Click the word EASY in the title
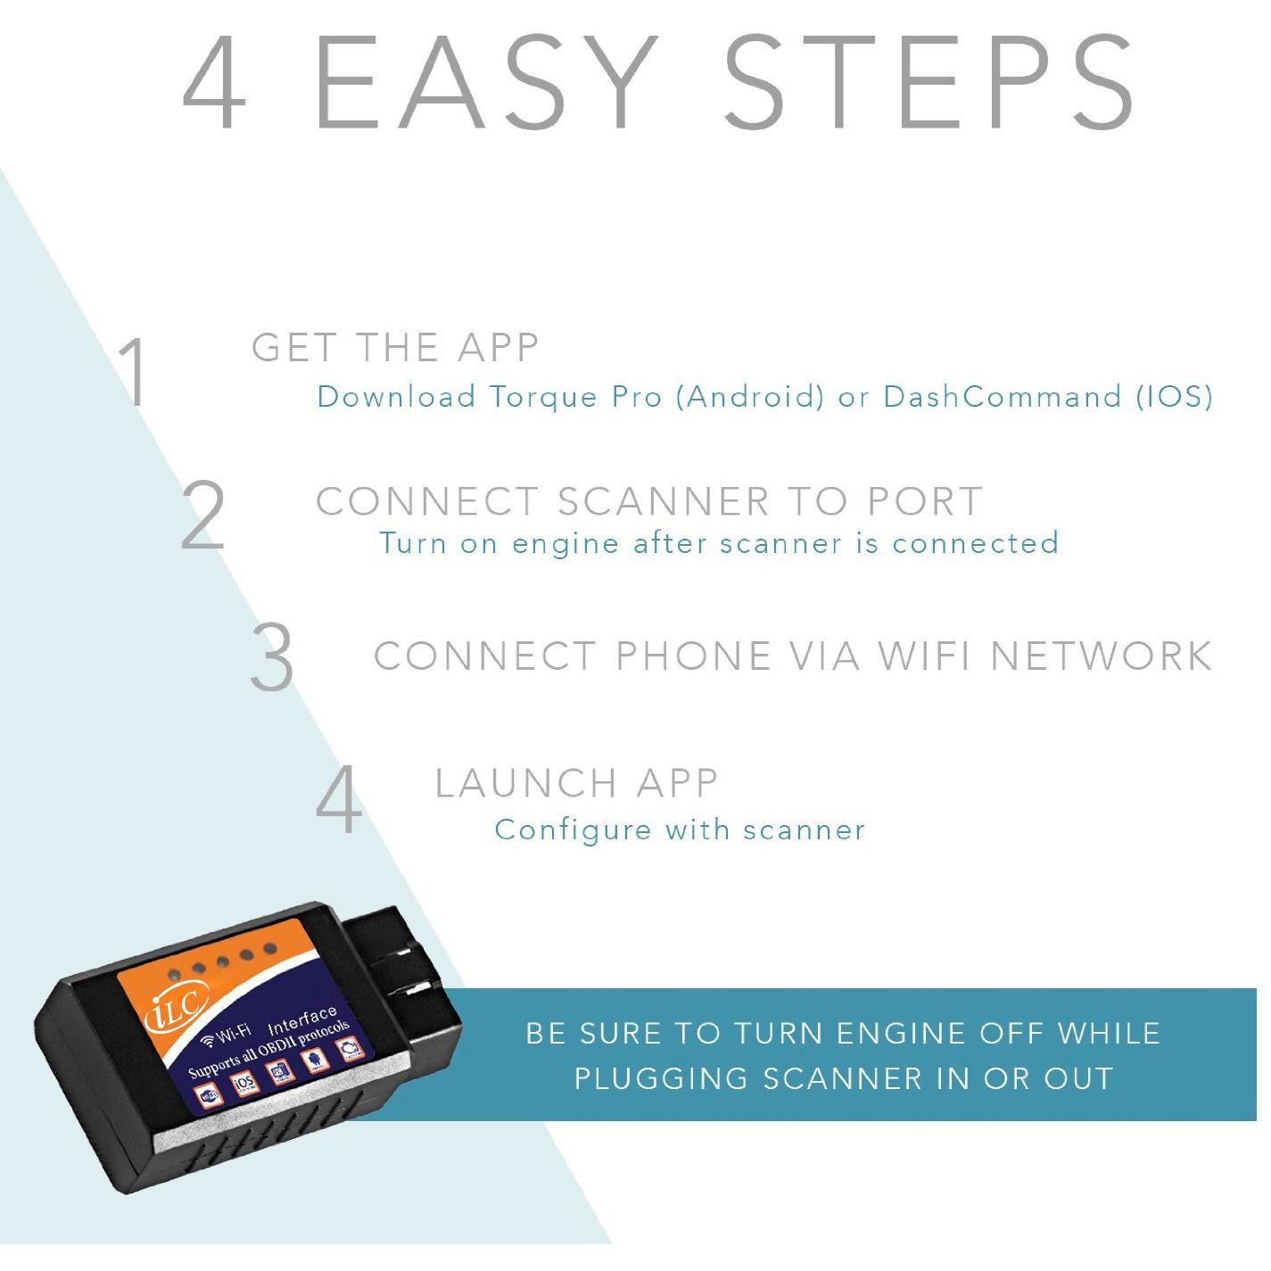tap(486, 81)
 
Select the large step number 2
tap(203, 515)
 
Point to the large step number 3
tap(272, 656)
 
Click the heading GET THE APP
tap(395, 348)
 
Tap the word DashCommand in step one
tap(1002, 396)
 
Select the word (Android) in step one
tap(750, 396)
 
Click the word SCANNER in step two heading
tap(664, 501)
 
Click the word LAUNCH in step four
tap(526, 783)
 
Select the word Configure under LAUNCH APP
tap(572, 830)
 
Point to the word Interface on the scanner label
tap(302, 1019)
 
